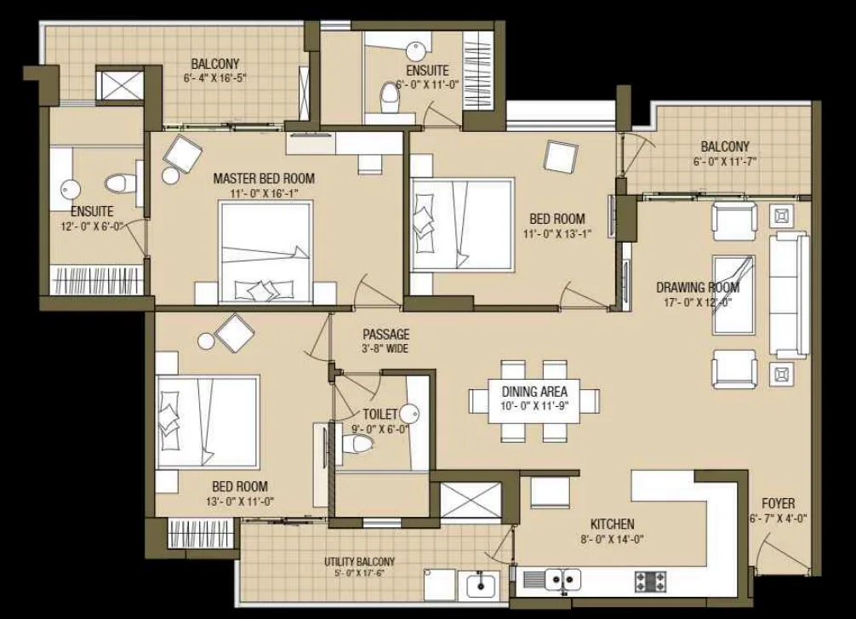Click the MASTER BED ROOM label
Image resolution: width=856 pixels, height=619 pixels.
click(x=264, y=178)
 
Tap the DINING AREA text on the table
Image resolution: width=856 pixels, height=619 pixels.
click(x=534, y=392)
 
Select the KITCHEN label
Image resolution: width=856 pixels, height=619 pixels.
click(x=613, y=524)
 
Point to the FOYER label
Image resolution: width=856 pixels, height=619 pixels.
click(x=779, y=503)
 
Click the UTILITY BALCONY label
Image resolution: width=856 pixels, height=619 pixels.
click(x=359, y=562)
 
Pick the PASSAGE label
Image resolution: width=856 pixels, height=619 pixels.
click(x=386, y=335)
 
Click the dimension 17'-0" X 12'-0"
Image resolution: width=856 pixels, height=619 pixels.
click(x=698, y=302)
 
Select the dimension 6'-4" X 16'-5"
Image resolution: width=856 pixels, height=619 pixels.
click(x=215, y=77)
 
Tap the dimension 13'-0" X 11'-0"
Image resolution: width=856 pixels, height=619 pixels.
click(x=240, y=501)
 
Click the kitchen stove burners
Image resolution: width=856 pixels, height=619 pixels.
click(x=650, y=582)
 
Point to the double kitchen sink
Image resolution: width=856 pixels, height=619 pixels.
click(x=563, y=579)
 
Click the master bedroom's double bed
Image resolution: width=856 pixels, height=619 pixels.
click(x=265, y=251)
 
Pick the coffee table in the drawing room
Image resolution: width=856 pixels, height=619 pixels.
click(x=734, y=295)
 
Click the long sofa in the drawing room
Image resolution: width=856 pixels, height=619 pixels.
click(x=788, y=295)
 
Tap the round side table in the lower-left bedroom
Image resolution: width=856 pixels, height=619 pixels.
click(x=207, y=341)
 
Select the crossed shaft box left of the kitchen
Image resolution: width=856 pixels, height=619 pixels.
click(x=471, y=499)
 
